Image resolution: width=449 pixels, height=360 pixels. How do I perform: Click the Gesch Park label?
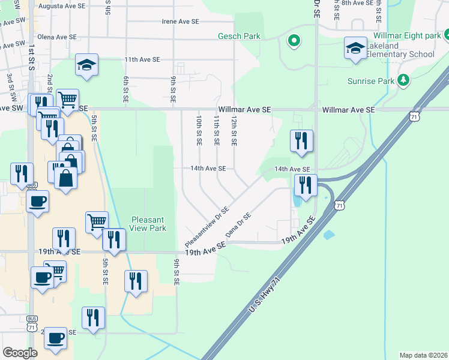243,36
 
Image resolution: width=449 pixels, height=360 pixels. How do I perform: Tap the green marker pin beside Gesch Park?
294,41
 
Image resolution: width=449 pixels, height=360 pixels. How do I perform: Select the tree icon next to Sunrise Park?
404,80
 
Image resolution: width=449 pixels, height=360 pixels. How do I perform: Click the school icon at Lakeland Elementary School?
355,48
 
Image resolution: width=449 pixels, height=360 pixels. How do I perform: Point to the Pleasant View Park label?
148,224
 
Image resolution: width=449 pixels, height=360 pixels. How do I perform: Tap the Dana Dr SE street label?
238,224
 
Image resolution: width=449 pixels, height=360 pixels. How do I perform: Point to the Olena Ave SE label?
57,37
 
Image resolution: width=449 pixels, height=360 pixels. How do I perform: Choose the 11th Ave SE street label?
142,59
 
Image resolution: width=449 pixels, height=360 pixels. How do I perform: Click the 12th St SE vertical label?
234,132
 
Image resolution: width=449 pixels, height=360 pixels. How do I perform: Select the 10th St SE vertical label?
198,132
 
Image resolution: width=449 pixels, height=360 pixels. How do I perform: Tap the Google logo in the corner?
20,353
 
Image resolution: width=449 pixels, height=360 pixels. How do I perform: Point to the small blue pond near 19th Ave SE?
328,235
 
